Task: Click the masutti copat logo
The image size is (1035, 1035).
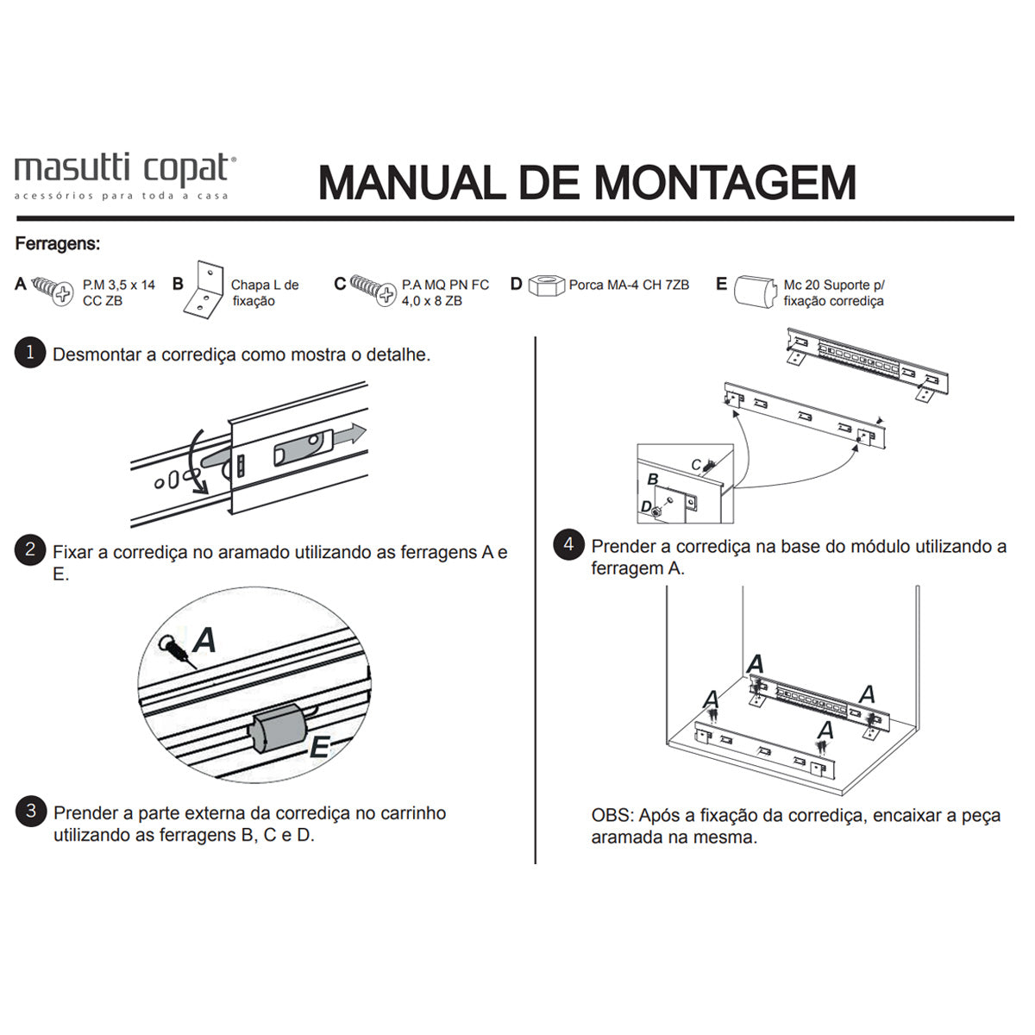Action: [125, 176]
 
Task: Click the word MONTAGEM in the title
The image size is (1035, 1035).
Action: [725, 183]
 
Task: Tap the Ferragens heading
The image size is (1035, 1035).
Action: [58, 244]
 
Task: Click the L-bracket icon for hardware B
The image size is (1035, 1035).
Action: [204, 290]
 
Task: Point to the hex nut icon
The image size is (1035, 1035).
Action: [546, 285]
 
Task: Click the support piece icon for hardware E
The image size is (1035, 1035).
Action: [755, 292]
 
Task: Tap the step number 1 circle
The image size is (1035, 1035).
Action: [30, 353]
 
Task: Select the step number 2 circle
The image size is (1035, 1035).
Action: [30, 549]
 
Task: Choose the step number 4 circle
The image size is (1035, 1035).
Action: [568, 544]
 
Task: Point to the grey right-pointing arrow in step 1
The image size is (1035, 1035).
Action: [349, 434]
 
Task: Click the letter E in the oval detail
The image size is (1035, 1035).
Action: [320, 747]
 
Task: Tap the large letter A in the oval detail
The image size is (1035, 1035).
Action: [204, 640]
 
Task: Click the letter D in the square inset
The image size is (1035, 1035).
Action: [647, 506]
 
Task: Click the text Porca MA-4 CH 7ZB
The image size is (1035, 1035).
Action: [629, 285]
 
